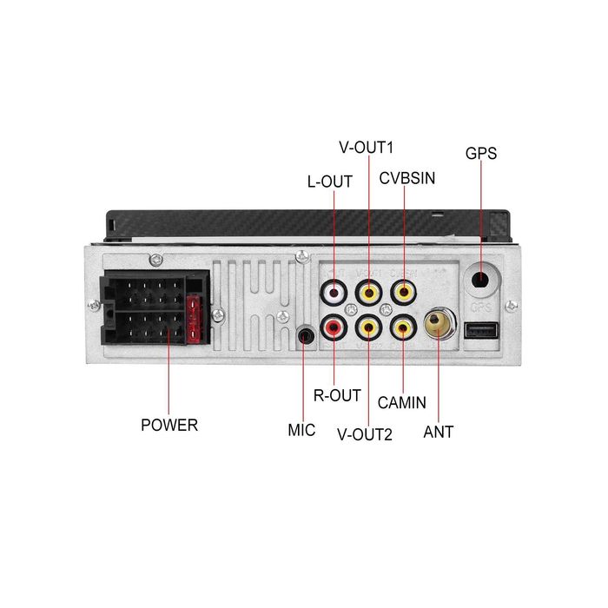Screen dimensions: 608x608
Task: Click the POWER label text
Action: [169, 425]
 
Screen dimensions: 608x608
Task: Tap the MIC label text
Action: [301, 430]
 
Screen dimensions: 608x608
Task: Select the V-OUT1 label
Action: [366, 148]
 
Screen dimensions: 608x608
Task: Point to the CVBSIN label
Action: [407, 178]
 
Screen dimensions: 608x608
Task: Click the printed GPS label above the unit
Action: [481, 153]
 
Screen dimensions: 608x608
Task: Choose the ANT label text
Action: [438, 432]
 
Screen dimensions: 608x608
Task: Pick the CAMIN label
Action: [401, 402]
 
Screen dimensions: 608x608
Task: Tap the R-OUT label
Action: [337, 395]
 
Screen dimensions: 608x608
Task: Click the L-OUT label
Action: [329, 182]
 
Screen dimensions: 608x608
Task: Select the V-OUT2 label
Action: [365, 434]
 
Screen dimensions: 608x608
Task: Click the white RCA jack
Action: [334, 292]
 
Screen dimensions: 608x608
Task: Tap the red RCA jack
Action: [334, 327]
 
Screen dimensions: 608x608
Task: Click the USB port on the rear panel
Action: [481, 331]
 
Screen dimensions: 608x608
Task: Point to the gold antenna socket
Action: [439, 322]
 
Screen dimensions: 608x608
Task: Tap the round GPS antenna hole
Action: [481, 279]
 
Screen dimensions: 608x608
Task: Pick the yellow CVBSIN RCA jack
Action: [404, 292]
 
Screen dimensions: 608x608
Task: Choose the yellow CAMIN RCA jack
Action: [403, 327]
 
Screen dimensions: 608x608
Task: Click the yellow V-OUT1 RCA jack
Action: [369, 292]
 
